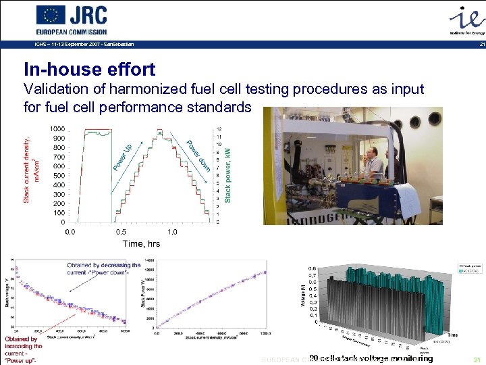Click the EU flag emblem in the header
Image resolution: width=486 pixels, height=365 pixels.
point(51,15)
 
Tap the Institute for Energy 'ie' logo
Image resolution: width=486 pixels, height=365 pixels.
point(465,19)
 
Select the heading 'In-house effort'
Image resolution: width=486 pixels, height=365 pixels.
point(89,69)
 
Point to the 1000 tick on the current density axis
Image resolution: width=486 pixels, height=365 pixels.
point(57,129)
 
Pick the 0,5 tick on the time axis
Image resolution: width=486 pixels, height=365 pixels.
point(122,232)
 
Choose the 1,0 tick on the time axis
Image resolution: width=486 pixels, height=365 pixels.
point(172,232)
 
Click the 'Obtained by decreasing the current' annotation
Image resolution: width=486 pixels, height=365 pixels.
point(104,268)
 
